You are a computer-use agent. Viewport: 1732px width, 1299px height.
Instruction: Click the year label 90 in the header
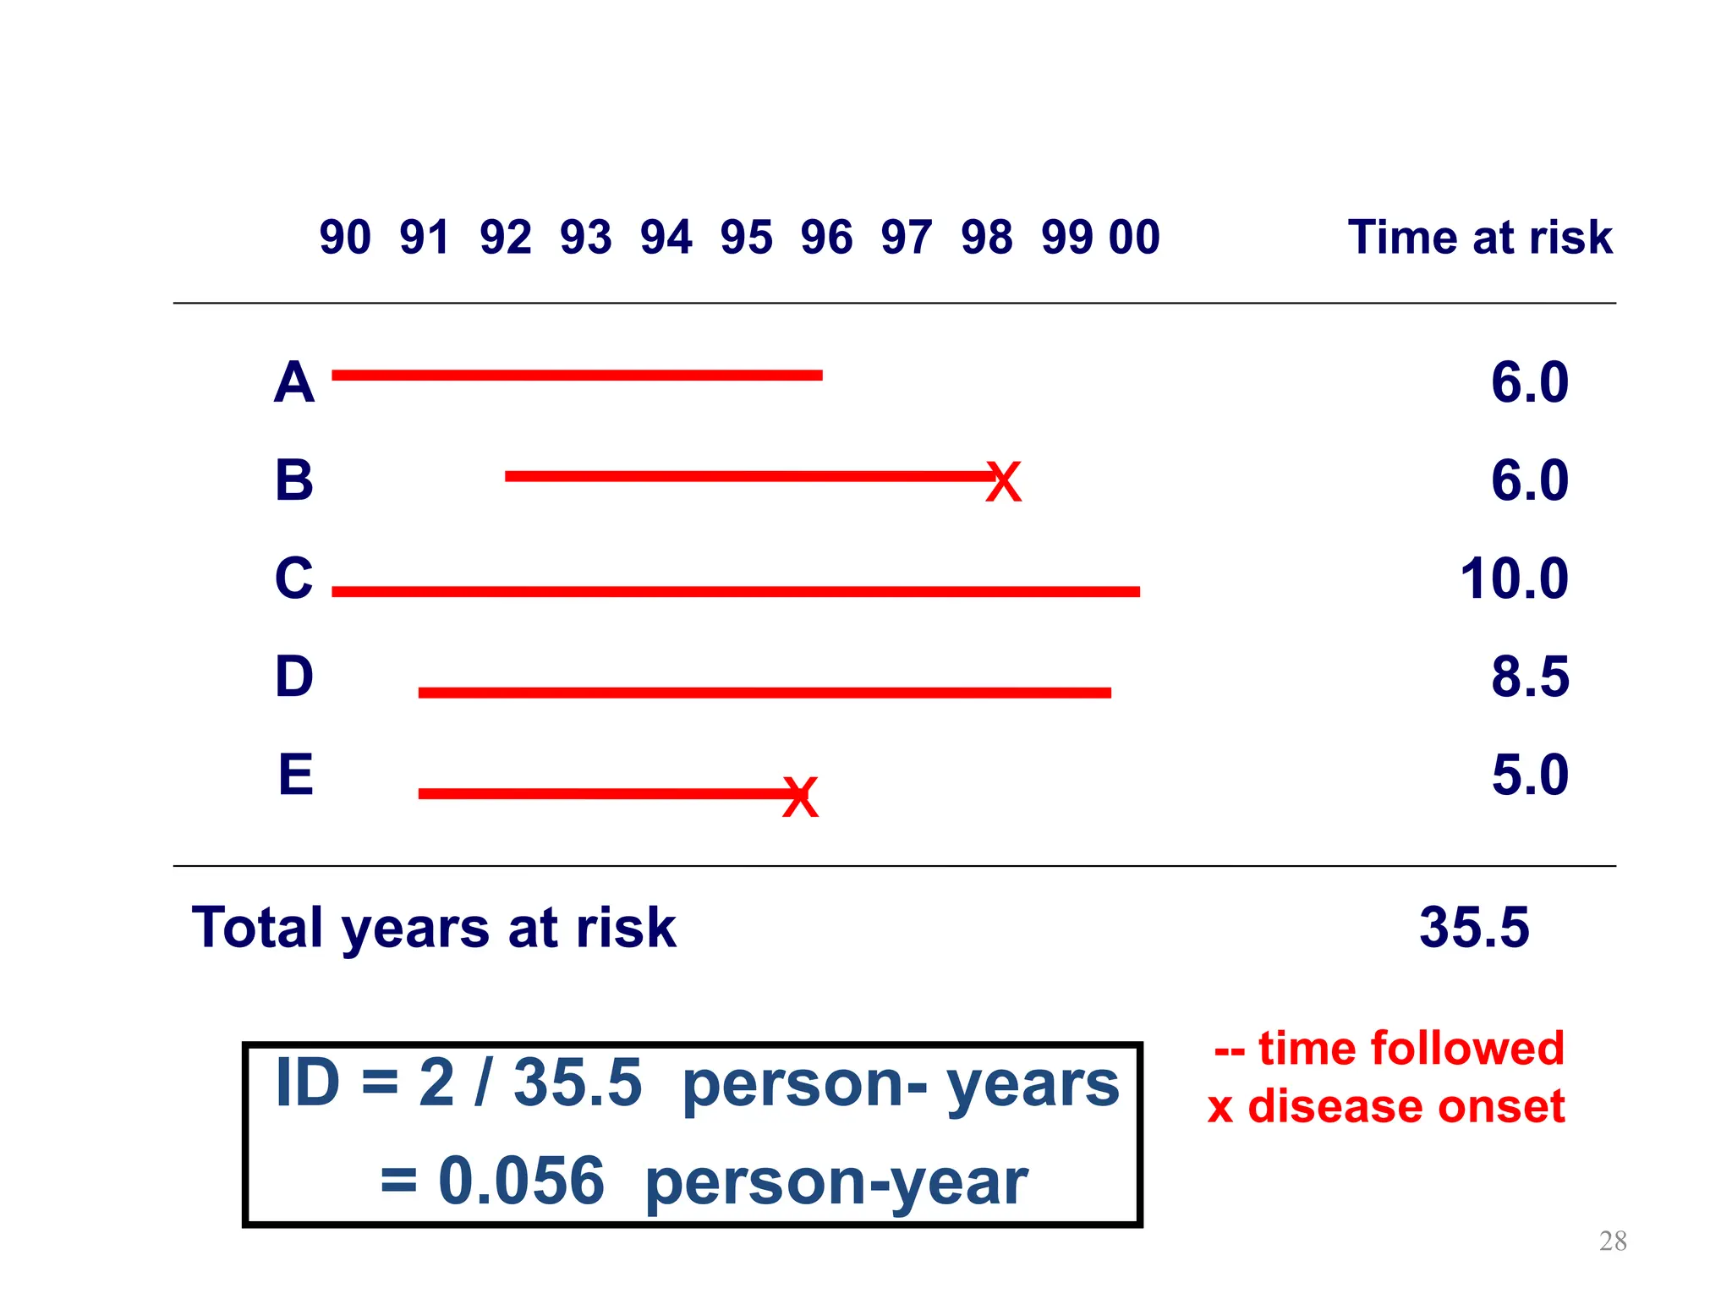point(345,238)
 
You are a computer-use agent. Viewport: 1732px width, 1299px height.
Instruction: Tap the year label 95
point(746,238)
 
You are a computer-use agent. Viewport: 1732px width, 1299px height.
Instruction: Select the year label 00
point(1134,238)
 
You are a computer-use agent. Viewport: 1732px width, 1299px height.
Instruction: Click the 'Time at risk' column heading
point(1480,238)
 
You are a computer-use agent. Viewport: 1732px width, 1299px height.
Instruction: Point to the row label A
point(293,382)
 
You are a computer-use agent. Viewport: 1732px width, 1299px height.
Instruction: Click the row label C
point(293,578)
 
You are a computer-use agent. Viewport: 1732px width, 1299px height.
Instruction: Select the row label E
point(295,775)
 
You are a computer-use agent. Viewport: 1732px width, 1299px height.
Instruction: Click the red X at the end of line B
point(1004,483)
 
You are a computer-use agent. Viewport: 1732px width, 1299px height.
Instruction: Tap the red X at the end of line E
point(800,797)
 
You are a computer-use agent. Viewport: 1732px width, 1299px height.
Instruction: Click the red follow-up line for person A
point(577,375)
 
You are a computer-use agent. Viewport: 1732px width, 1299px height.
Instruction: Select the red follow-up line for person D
point(765,693)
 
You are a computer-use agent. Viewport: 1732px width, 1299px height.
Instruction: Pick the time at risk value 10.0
point(1514,579)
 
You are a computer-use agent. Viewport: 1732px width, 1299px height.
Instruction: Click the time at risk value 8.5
point(1529,677)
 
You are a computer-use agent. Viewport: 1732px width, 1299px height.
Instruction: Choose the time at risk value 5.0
point(1529,775)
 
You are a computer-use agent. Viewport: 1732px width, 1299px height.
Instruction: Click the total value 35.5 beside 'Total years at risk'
point(1474,928)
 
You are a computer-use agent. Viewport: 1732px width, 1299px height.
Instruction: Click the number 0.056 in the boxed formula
point(521,1181)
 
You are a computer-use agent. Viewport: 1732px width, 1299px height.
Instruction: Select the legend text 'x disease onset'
point(1386,1106)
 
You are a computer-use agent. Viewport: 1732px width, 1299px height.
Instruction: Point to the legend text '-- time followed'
point(1389,1049)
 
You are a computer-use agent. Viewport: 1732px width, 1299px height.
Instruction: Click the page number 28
point(1613,1241)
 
